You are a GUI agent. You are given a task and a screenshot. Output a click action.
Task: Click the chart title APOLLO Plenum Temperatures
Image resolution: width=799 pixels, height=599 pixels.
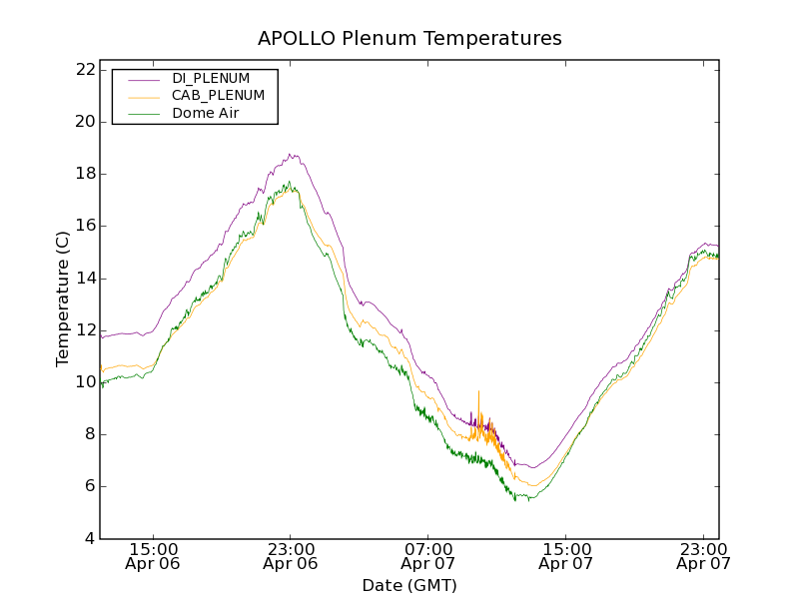coord(409,39)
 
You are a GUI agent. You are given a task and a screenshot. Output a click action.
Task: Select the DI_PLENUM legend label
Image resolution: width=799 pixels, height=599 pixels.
coord(211,78)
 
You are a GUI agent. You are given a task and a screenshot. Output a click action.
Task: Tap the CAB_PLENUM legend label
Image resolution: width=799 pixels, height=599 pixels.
coord(218,96)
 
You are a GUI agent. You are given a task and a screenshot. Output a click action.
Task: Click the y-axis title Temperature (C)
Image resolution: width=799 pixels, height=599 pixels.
coord(63,299)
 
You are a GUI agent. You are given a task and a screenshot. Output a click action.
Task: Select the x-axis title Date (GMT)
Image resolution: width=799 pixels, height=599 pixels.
coord(409,585)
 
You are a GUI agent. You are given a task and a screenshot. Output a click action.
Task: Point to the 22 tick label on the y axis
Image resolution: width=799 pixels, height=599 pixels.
coord(86,70)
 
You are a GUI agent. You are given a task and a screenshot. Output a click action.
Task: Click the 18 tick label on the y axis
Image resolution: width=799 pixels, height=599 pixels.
coord(86,174)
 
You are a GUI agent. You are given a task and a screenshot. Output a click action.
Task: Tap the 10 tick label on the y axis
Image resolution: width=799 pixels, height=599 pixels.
coord(86,382)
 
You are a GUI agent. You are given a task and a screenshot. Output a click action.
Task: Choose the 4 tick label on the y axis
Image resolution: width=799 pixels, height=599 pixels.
coord(90,539)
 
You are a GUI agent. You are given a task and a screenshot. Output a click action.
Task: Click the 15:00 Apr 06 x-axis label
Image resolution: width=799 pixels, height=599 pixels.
coord(154,556)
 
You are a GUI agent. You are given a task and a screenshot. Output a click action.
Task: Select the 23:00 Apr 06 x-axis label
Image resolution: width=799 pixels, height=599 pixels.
coord(291,556)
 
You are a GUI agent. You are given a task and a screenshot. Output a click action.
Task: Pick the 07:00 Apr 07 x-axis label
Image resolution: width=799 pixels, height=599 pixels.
coord(428,556)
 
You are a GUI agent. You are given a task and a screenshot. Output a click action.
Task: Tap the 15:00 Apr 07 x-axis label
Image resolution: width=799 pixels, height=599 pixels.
coord(566,556)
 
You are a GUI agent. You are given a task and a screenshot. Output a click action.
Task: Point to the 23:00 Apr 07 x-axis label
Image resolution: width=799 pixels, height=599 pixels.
coord(703,556)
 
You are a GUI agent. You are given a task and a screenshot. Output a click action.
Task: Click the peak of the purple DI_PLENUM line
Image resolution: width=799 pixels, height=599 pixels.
coord(290,155)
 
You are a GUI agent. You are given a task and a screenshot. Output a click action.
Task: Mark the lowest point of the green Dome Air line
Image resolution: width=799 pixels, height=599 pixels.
coord(515,499)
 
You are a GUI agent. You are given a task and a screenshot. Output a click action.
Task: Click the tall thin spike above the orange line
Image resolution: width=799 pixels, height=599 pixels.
coord(478,392)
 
